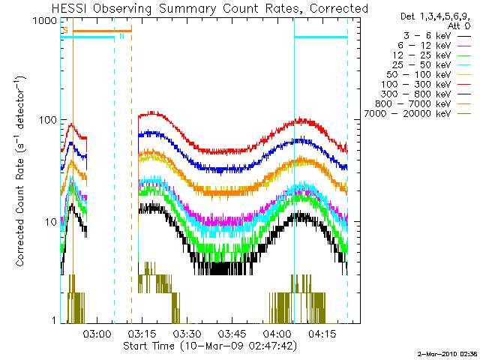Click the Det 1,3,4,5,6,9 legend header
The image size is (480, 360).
[429, 15]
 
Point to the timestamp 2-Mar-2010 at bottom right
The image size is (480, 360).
[447, 352]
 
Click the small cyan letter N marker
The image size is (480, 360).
[121, 35]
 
